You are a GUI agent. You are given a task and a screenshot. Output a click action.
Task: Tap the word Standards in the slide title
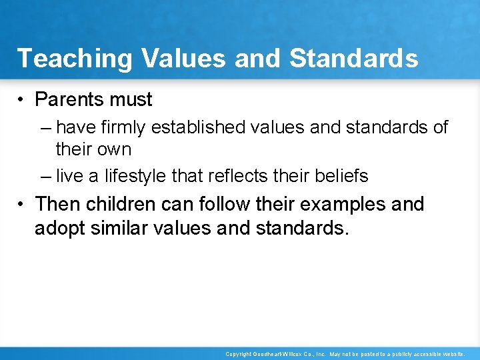click(354, 58)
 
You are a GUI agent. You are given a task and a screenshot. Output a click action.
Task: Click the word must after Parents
click(132, 100)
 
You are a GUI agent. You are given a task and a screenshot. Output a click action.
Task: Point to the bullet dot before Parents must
click(22, 100)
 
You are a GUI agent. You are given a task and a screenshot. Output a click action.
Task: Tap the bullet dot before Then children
click(22, 204)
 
